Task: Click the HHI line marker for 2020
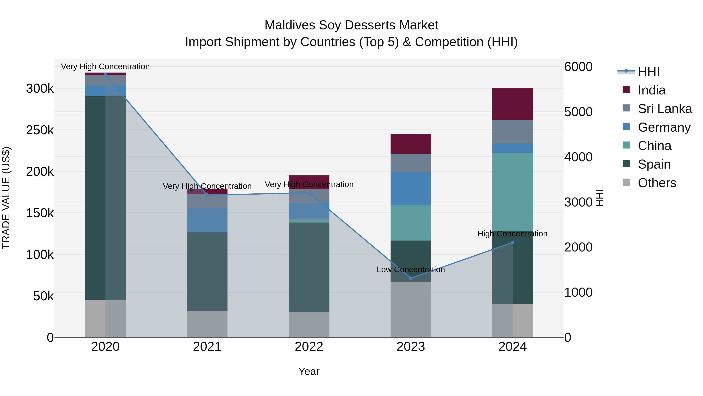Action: coord(105,75)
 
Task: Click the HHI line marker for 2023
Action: coord(411,278)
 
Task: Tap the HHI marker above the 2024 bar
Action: coord(513,242)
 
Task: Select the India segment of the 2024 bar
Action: coord(513,104)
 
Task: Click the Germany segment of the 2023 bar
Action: coord(411,189)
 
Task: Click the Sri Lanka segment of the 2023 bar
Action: coord(411,163)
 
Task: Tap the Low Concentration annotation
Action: coord(411,269)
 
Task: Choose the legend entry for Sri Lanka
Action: coord(665,109)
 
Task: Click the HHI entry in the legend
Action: coord(648,72)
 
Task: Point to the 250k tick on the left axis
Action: coord(40,130)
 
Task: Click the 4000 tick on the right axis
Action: coord(578,157)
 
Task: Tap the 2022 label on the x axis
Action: coord(309,347)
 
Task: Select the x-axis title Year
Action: coord(309,371)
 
